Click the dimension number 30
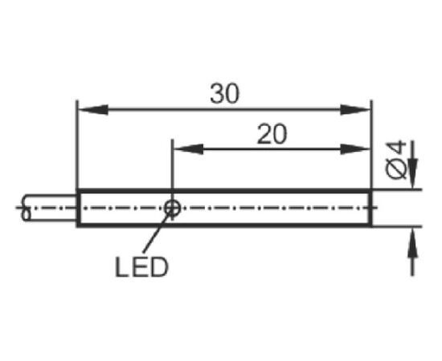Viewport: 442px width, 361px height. [x=225, y=93]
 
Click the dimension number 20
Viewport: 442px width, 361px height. [x=272, y=134]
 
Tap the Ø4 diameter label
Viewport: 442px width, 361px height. [x=396, y=160]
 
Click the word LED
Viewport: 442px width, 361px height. [x=141, y=267]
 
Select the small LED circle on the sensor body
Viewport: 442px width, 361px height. [x=172, y=209]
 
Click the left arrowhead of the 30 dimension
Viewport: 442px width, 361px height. [x=93, y=109]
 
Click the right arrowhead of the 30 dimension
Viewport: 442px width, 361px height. [x=354, y=109]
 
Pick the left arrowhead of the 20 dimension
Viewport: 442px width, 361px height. [x=189, y=149]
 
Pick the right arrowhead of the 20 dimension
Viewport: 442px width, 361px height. [x=354, y=149]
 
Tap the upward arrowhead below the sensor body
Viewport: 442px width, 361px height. [x=413, y=242]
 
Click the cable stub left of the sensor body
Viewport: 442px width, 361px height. [x=49, y=208]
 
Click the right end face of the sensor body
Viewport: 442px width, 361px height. [x=370, y=208]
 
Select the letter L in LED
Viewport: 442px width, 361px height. [x=122, y=267]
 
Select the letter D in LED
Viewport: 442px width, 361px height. [x=159, y=267]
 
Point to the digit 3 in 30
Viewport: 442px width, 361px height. [x=217, y=93]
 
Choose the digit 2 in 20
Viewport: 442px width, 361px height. [x=264, y=134]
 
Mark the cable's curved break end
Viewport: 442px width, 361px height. [x=26, y=208]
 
